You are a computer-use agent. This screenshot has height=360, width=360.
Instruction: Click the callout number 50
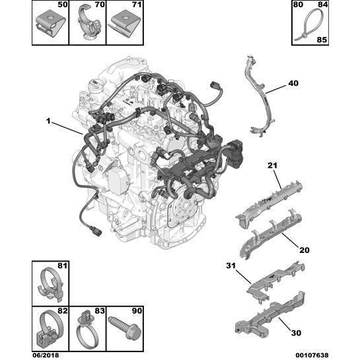click(x=63, y=5)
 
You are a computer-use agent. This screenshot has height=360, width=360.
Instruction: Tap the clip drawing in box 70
click(x=89, y=23)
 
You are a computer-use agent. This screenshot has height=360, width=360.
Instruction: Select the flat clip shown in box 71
click(x=124, y=25)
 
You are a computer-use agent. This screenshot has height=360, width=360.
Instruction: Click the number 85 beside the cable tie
click(x=322, y=40)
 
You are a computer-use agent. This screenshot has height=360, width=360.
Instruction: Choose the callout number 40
click(x=293, y=83)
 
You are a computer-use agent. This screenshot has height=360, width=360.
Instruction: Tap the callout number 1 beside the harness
click(x=48, y=121)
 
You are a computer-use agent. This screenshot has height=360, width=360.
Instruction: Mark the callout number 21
click(x=273, y=165)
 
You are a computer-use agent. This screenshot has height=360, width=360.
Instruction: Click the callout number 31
click(x=231, y=266)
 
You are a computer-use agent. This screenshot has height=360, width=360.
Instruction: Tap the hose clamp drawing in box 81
click(x=51, y=284)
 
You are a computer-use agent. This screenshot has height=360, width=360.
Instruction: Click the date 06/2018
click(x=46, y=355)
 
